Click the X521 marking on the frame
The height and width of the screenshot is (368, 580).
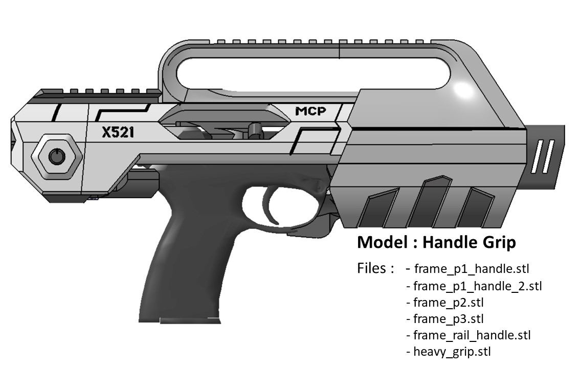click(118, 132)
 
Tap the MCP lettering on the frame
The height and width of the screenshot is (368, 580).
click(310, 111)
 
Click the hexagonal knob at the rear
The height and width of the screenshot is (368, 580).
click(57, 157)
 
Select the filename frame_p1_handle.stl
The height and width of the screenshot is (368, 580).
click(472, 269)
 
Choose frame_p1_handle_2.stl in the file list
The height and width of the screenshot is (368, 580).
click(478, 286)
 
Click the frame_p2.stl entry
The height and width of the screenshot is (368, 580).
click(449, 302)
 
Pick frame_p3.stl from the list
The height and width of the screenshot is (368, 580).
click(449, 318)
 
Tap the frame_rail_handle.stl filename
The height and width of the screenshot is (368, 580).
click(472, 335)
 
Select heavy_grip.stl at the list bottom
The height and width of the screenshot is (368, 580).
click(452, 351)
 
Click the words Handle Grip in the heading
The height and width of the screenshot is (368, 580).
click(469, 243)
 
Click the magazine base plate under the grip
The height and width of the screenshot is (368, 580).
click(190, 320)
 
